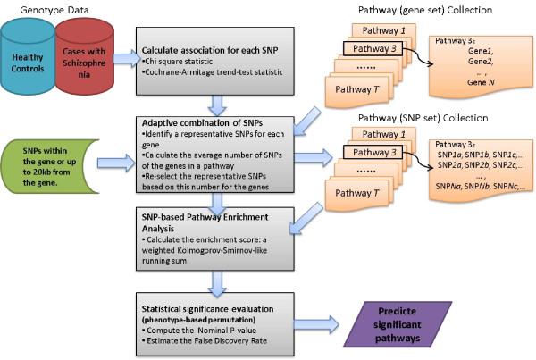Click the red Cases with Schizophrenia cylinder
click(x=85, y=59)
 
